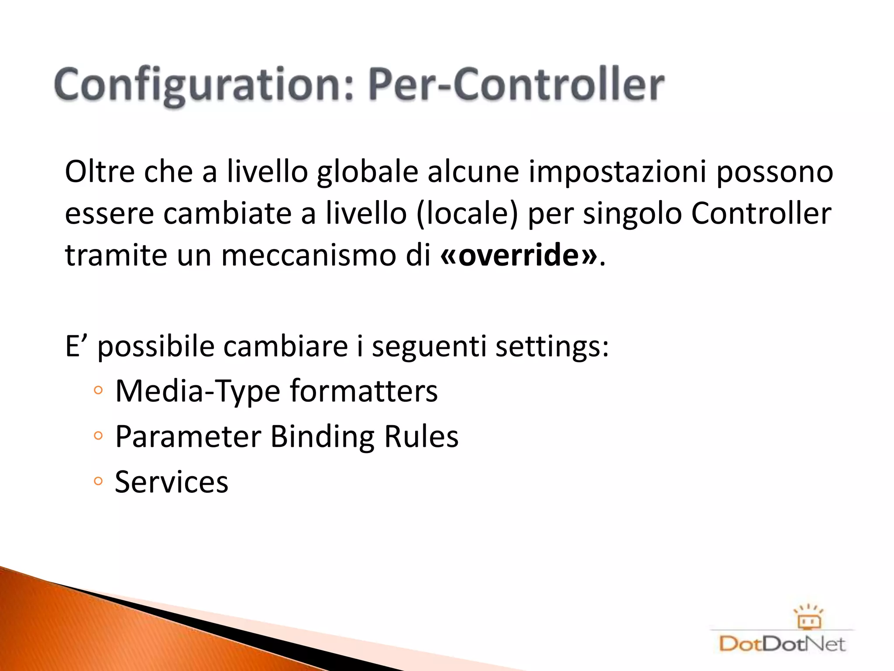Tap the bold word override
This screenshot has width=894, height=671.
tap(519, 255)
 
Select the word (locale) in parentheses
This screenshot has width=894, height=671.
tap(467, 214)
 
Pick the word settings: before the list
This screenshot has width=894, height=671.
tap(552, 346)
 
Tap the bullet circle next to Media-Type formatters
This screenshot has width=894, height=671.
tap(98, 391)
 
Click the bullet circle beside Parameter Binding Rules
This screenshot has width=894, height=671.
tap(98, 436)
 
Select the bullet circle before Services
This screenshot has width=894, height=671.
tap(98, 481)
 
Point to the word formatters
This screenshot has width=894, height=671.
tap(364, 391)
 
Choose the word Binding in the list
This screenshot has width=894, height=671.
tap(322, 436)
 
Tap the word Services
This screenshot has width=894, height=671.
tap(172, 482)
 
